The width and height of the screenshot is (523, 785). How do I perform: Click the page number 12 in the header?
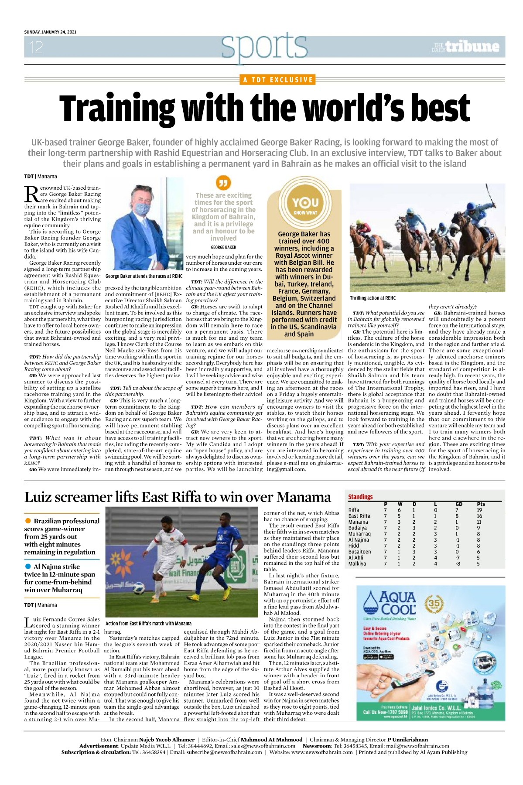point(36,47)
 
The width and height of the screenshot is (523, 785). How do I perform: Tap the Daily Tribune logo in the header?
point(465,47)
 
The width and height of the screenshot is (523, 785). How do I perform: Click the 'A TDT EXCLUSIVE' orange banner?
point(278,80)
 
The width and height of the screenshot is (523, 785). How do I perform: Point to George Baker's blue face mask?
point(143,209)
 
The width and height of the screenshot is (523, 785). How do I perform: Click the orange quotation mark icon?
point(223,182)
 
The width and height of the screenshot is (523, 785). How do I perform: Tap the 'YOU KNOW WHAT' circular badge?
point(305,205)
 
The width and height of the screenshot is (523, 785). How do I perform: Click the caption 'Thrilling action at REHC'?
point(373,298)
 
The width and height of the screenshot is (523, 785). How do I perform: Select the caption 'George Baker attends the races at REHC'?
point(144,276)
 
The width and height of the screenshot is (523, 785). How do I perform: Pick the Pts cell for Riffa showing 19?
point(479,510)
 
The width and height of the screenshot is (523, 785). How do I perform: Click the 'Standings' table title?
point(360,497)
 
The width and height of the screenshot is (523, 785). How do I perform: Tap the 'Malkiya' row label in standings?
point(357,563)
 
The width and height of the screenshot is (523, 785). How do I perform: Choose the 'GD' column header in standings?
point(458,504)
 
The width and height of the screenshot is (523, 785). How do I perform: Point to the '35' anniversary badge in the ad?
point(434,604)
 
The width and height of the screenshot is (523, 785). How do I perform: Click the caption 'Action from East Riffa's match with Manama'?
point(148,623)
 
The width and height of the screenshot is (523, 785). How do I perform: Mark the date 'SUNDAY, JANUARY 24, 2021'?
point(50,32)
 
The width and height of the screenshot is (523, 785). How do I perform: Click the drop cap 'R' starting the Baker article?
point(31,194)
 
